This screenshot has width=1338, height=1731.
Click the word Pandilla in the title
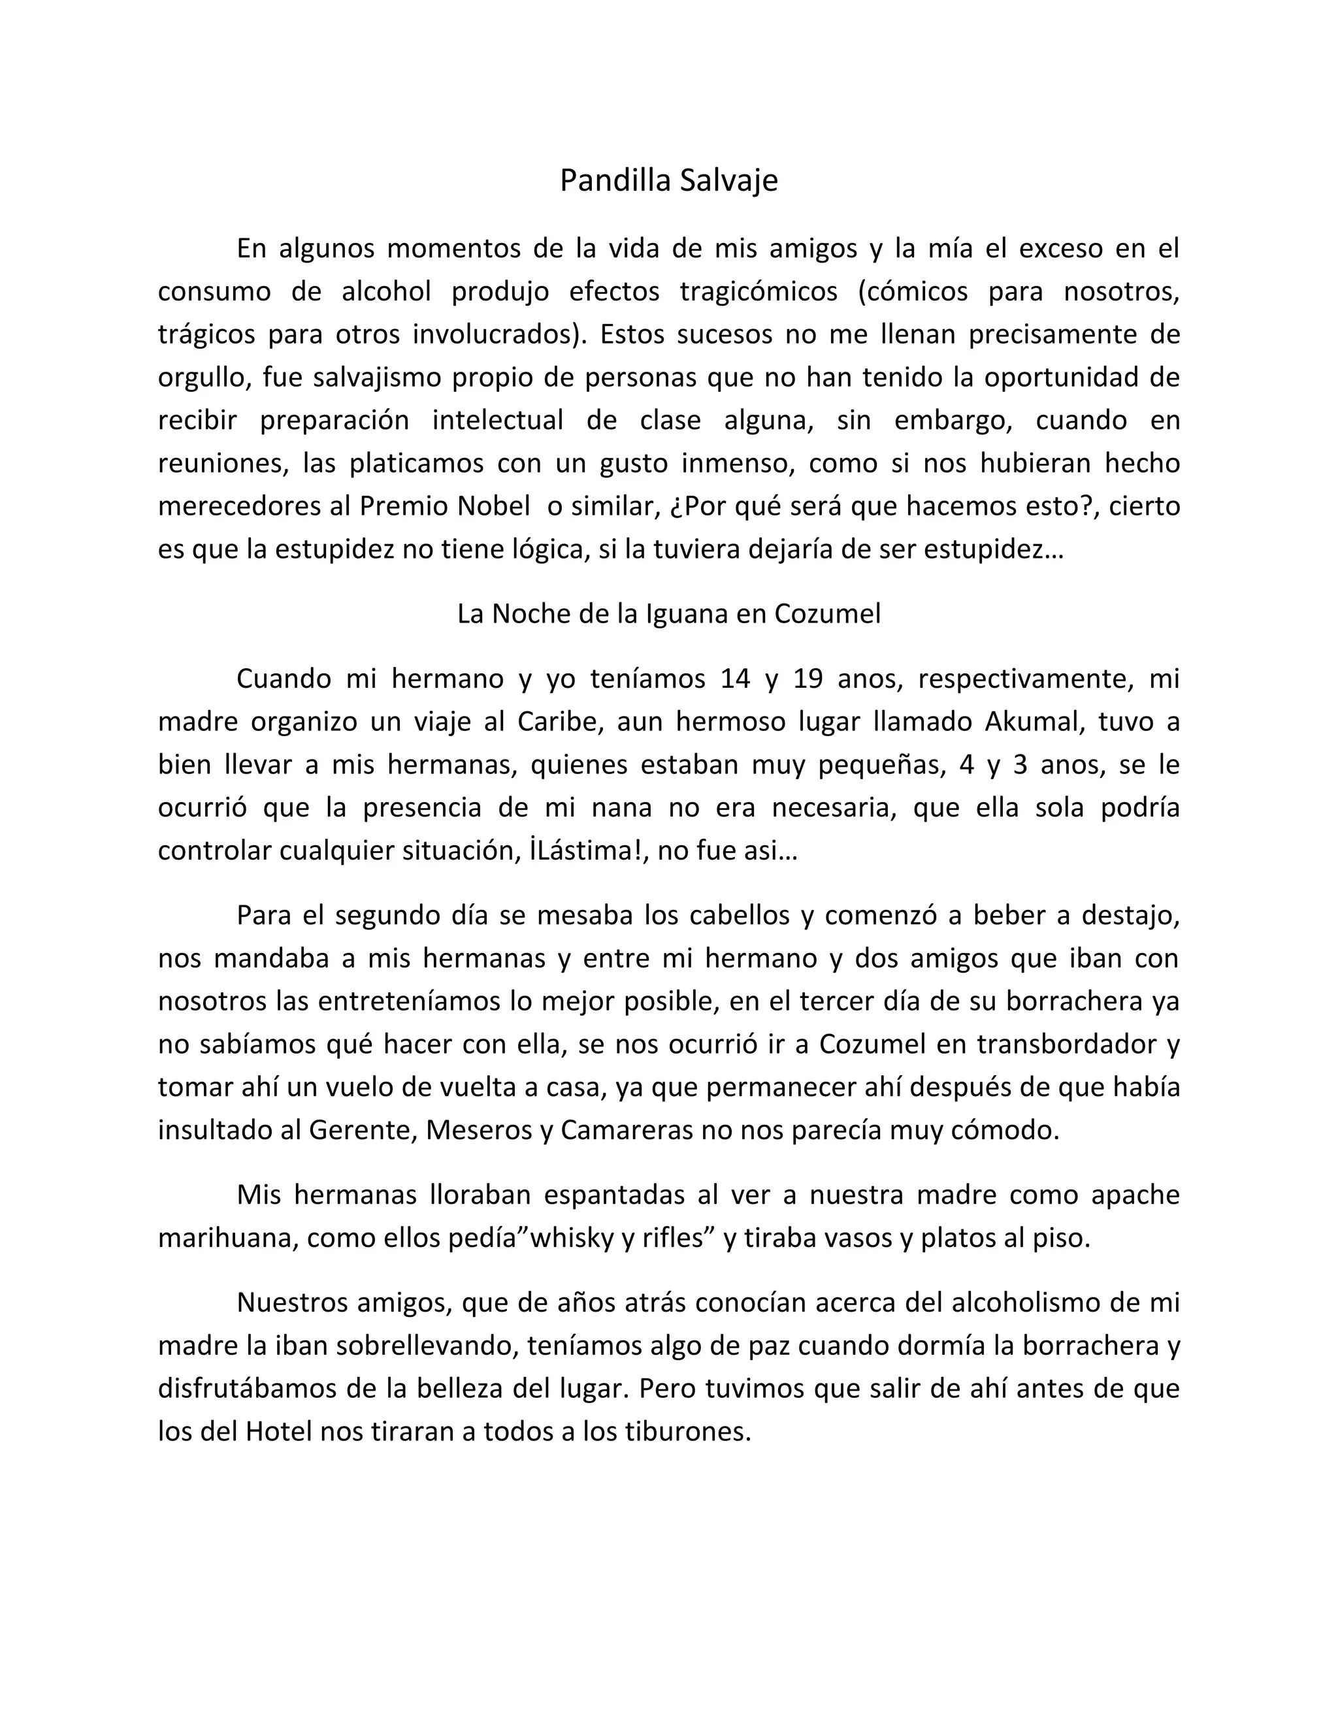pyautogui.click(x=613, y=181)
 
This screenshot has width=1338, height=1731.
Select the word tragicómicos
pyautogui.click(x=759, y=292)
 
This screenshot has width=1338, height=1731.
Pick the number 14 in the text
pyautogui.click(x=736, y=679)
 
